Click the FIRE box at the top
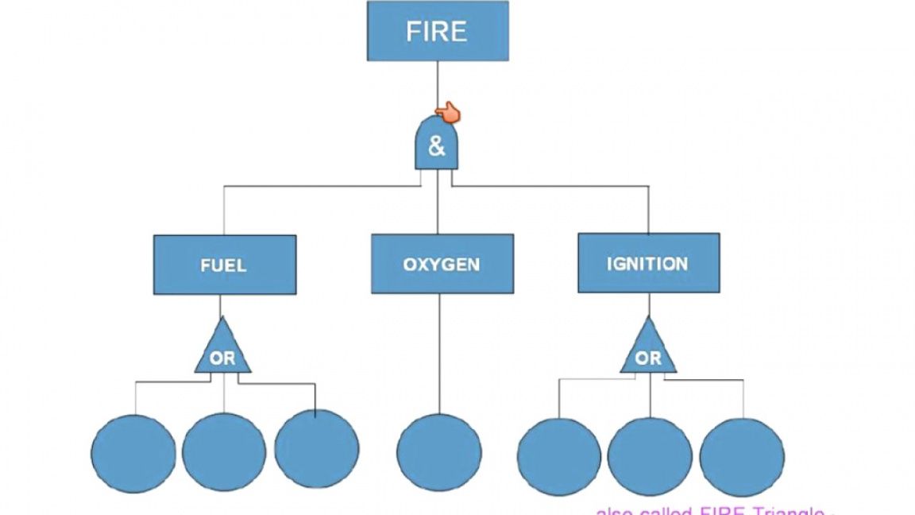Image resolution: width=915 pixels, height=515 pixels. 437,31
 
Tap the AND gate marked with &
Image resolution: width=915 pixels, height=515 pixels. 437,145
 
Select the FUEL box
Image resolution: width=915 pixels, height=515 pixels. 224,265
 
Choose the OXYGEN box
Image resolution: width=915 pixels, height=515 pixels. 442,264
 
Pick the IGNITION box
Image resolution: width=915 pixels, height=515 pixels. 648,263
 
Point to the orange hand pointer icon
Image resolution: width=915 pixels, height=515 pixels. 450,113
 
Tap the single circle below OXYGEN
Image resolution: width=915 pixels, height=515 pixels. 438,451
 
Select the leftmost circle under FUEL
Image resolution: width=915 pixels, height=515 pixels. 133,454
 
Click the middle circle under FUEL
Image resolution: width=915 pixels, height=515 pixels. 224,451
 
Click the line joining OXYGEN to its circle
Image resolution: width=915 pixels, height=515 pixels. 439,354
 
